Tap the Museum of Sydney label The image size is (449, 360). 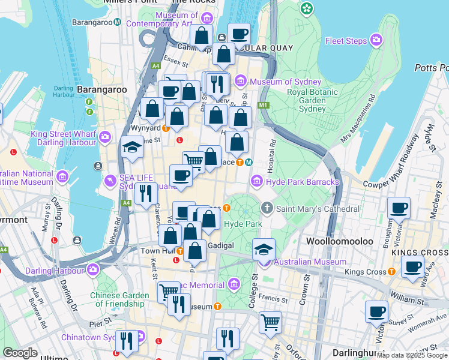(x=279, y=82)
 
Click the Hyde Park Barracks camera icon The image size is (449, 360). (x=256, y=181)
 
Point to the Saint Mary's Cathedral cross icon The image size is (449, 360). (x=268, y=208)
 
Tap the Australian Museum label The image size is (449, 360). (x=310, y=262)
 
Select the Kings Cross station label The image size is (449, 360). (x=365, y=272)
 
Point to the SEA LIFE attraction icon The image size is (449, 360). (x=110, y=180)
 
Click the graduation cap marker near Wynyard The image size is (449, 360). (x=131, y=148)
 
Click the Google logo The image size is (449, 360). (x=20, y=353)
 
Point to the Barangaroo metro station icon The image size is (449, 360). (x=118, y=22)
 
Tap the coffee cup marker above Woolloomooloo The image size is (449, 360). (x=399, y=208)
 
